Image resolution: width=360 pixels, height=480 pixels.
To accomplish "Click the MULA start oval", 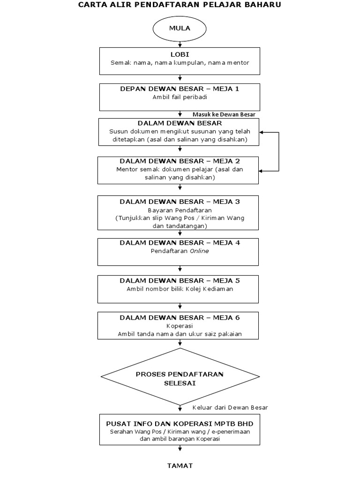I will coord(180,29).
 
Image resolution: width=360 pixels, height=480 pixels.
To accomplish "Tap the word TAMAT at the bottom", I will coord(180,465).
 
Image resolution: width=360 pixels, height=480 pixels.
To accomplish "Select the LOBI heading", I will coord(180,54).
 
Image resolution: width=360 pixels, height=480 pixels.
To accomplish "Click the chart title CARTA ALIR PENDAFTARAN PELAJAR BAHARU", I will coord(180,5).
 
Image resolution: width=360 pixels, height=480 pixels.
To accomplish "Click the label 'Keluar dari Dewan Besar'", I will coord(230,407).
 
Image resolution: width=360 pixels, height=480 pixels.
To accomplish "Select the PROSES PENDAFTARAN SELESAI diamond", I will coord(180,378).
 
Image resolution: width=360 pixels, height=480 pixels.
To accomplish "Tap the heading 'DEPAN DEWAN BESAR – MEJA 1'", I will coord(180,89).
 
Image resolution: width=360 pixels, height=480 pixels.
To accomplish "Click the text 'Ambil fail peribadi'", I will coord(180,97).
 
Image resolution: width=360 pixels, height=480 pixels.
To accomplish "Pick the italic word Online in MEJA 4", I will coord(199,251).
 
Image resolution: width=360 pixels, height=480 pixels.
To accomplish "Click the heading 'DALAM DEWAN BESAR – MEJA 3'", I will coord(180,202).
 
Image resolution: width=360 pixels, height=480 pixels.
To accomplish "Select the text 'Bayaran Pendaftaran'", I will coord(180,210).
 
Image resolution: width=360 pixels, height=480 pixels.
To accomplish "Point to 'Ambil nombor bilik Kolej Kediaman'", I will coord(180,289).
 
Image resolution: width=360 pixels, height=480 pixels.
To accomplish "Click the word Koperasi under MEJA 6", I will coord(180,326).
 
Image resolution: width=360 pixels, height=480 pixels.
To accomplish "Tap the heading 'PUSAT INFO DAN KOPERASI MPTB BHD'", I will coord(180,423).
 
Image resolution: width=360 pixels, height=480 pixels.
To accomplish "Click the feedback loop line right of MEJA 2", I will coord(279,151).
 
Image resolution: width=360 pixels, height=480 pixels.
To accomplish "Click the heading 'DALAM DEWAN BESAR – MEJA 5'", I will coord(180,280).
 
